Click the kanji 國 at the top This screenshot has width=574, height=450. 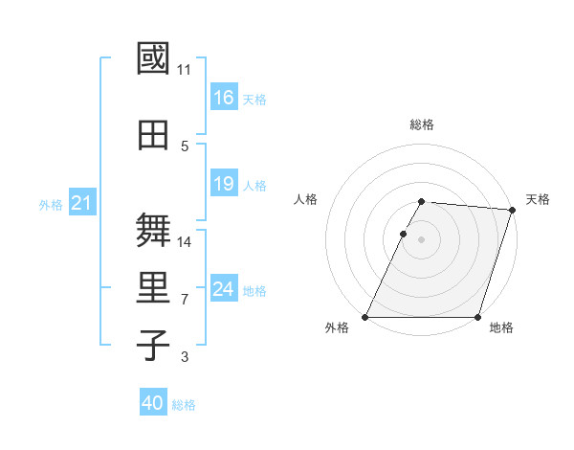pyautogui.click(x=153, y=58)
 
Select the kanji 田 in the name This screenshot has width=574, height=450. pyautogui.click(x=153, y=135)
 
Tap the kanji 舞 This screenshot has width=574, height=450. pyautogui.click(x=153, y=231)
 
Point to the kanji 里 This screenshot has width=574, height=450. pyautogui.click(x=153, y=288)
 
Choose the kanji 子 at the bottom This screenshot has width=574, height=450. pyautogui.click(x=153, y=345)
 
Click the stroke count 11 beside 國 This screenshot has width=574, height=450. pyautogui.click(x=185, y=70)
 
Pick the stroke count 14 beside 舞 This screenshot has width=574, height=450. pyautogui.click(x=185, y=242)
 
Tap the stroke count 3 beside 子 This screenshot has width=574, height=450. pyautogui.click(x=185, y=357)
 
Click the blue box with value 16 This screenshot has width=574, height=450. pyautogui.click(x=223, y=98)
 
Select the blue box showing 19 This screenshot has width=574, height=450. pyautogui.click(x=223, y=184)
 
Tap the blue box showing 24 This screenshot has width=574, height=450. pyautogui.click(x=223, y=289)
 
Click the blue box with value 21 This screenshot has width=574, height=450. pyautogui.click(x=81, y=203)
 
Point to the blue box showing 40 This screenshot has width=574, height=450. pyautogui.click(x=152, y=404)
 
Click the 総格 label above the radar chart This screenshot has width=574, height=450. pyautogui.click(x=421, y=124)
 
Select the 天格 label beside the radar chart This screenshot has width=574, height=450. pyautogui.click(x=538, y=199)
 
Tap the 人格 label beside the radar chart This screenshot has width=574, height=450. pyautogui.click(x=305, y=199)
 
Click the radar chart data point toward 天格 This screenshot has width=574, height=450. pyautogui.click(x=512, y=210)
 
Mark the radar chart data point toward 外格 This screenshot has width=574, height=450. pyautogui.click(x=365, y=317)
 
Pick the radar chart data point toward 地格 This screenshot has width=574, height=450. pyautogui.click(x=477, y=317)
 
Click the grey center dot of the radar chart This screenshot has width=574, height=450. pyautogui.click(x=421, y=239)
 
